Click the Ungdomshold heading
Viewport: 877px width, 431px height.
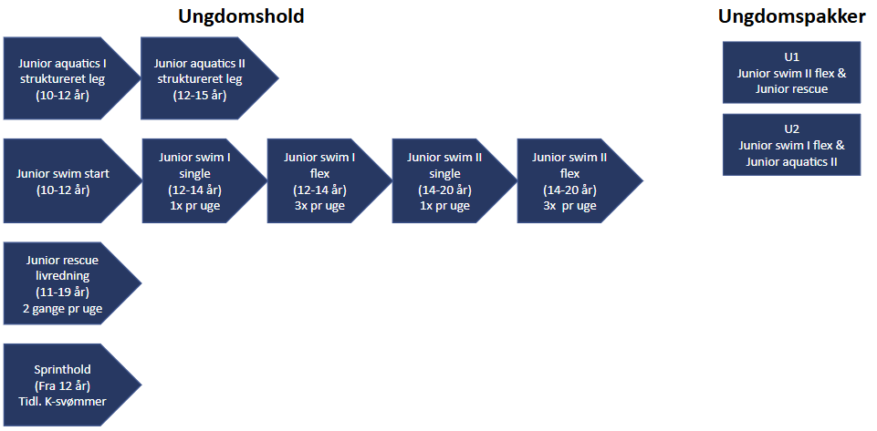pos(241,16)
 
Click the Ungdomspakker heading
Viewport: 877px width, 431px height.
pos(791,16)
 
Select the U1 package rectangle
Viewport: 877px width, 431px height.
pos(791,72)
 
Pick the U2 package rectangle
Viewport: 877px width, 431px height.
pos(791,145)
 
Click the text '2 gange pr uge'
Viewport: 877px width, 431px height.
pos(63,308)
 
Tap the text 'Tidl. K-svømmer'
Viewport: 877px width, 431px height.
pos(63,401)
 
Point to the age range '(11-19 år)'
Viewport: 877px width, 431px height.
pos(63,292)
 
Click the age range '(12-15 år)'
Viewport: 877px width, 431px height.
pos(200,95)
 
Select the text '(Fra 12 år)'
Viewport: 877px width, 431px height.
pos(63,385)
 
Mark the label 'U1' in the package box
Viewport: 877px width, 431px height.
pos(791,57)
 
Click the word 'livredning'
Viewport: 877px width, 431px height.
pos(63,276)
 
